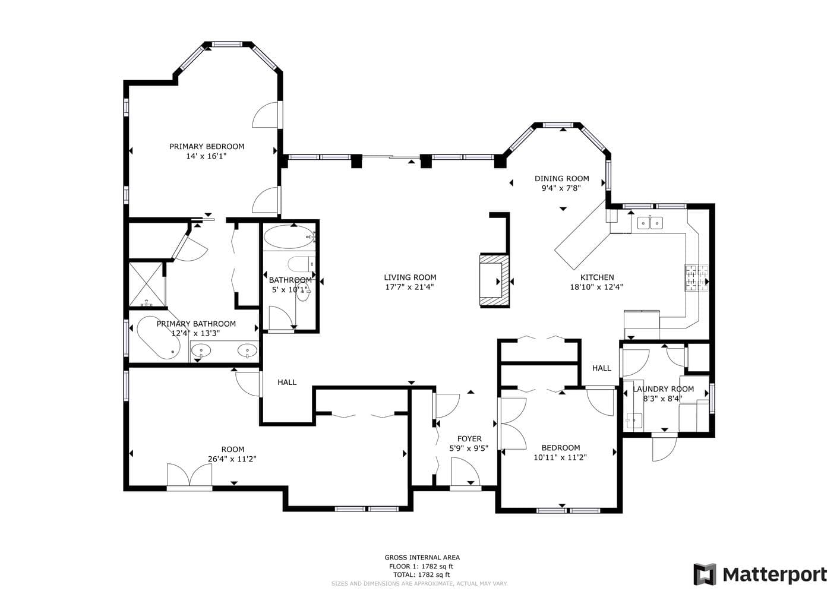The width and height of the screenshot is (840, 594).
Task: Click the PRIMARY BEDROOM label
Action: tap(207, 147)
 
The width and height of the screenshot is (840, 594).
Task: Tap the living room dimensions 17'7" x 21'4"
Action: tap(409, 287)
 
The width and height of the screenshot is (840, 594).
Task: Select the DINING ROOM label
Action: tap(561, 179)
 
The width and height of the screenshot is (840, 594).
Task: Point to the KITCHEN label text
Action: tap(597, 277)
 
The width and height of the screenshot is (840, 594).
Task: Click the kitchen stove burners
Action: tap(697, 278)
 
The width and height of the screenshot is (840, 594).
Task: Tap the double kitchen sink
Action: tap(650, 223)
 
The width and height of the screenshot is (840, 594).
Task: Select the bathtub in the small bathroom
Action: tap(289, 236)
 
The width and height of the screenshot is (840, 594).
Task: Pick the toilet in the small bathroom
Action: tap(301, 264)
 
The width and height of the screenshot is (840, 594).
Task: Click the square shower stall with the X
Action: tap(146, 285)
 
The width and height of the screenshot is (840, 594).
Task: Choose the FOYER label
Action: tap(469, 439)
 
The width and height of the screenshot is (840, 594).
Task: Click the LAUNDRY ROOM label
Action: tap(663, 389)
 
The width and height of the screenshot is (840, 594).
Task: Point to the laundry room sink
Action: tap(633, 421)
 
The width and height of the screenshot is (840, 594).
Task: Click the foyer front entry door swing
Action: tap(465, 473)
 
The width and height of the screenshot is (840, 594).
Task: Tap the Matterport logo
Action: tap(760, 574)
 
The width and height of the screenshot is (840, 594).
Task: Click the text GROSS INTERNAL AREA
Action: tap(422, 558)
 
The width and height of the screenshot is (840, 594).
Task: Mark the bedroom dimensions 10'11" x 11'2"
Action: tap(560, 457)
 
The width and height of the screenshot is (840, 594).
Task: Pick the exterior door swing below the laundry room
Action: tap(664, 447)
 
